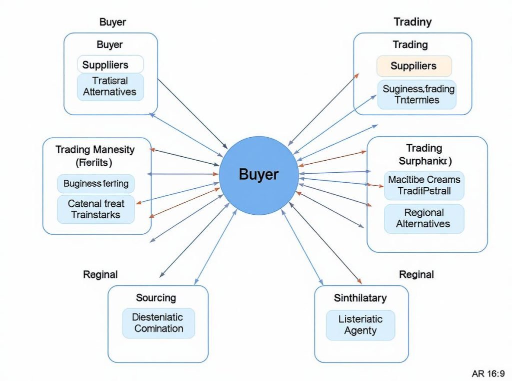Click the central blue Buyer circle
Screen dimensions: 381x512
258,175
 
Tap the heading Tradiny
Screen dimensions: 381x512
412,22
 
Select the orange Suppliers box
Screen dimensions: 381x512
413,66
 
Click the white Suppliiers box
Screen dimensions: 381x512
110,65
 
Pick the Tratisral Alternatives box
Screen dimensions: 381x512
110,86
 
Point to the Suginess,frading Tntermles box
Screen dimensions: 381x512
416,94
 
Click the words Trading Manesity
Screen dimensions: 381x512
95,149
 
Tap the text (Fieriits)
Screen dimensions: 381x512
93,162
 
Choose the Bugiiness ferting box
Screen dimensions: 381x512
96,184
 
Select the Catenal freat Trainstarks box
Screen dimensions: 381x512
96,209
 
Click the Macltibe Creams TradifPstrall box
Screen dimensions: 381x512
424,185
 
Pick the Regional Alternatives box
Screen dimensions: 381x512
423,218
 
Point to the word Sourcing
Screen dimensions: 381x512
156,298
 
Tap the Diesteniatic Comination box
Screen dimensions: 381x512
158,323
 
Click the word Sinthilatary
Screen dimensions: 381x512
360,298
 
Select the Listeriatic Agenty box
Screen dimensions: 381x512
360,325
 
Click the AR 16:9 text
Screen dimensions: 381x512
488,373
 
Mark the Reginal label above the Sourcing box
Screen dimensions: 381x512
100,274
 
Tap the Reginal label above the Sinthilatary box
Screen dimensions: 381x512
416,274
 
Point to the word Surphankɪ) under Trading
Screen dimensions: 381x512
425,161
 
